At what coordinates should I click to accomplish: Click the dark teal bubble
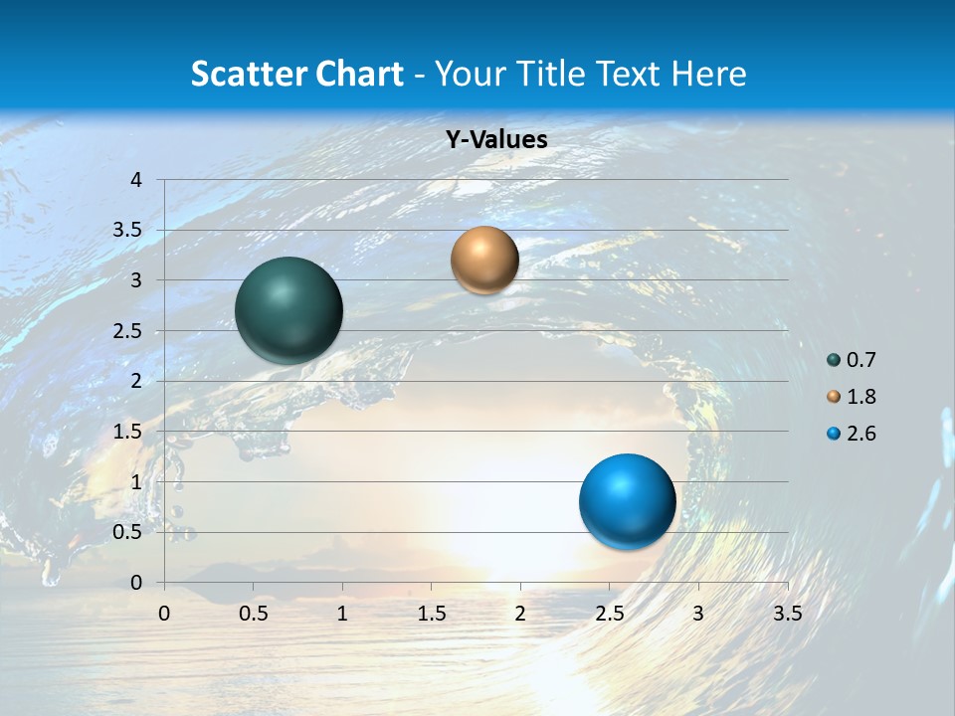tap(289, 310)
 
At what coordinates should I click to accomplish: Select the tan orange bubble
tap(484, 260)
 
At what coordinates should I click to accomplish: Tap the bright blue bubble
tap(627, 501)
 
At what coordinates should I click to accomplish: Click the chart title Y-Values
tap(496, 140)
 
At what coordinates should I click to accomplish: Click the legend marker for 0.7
tap(834, 360)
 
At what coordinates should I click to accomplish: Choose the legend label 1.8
tap(860, 397)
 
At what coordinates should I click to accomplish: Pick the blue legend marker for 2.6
tap(834, 434)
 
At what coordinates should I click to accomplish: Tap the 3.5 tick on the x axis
tap(787, 614)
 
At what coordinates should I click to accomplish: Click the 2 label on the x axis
tap(520, 614)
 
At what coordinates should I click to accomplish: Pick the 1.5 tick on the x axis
tap(431, 614)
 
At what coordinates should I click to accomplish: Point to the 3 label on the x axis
tap(698, 614)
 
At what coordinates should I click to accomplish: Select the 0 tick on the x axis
tap(165, 614)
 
